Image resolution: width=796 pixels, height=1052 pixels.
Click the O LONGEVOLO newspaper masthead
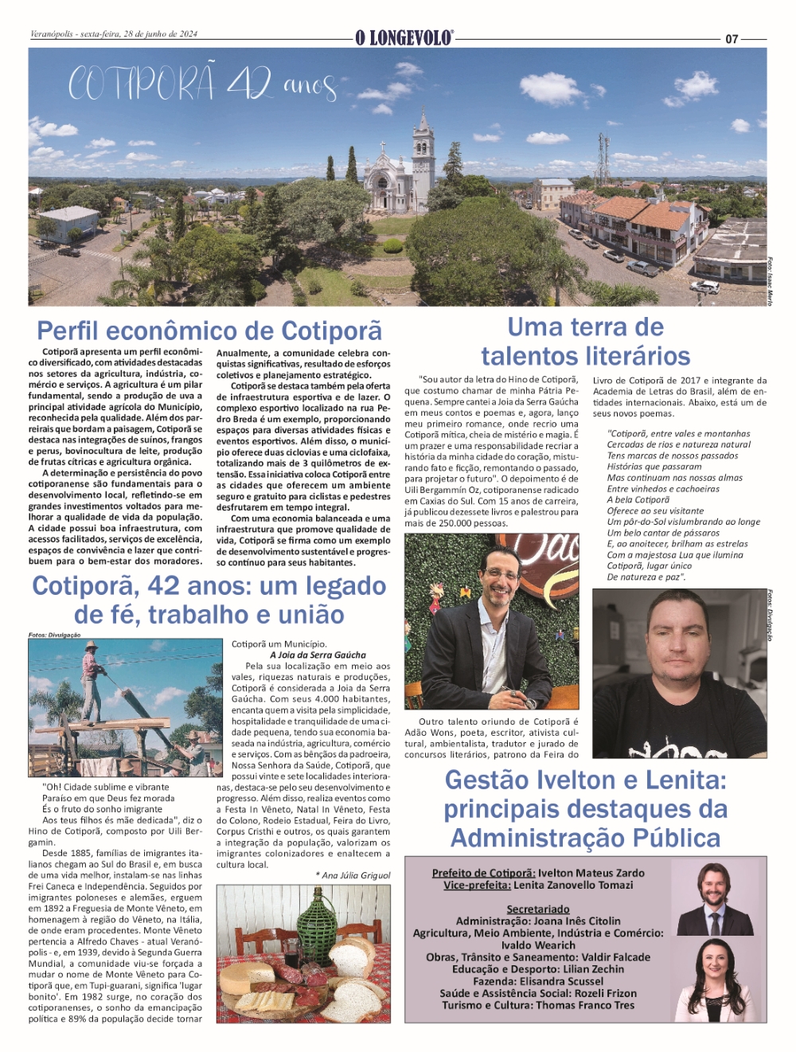(x=404, y=37)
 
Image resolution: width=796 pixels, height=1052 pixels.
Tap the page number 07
(x=732, y=38)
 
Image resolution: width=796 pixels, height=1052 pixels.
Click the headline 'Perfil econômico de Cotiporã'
(x=209, y=330)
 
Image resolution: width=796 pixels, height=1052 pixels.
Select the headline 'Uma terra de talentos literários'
(x=585, y=342)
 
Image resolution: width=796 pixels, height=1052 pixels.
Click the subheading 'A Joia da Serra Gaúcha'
(x=318, y=655)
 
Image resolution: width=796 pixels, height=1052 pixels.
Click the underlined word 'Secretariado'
(x=538, y=909)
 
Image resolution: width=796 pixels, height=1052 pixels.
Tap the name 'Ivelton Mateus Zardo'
(x=591, y=873)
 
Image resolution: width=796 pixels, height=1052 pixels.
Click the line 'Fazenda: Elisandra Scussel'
(x=538, y=981)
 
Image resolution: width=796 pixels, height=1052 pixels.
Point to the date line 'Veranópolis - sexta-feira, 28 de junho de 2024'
(x=114, y=34)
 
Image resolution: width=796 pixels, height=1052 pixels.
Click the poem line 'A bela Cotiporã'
(x=638, y=500)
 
